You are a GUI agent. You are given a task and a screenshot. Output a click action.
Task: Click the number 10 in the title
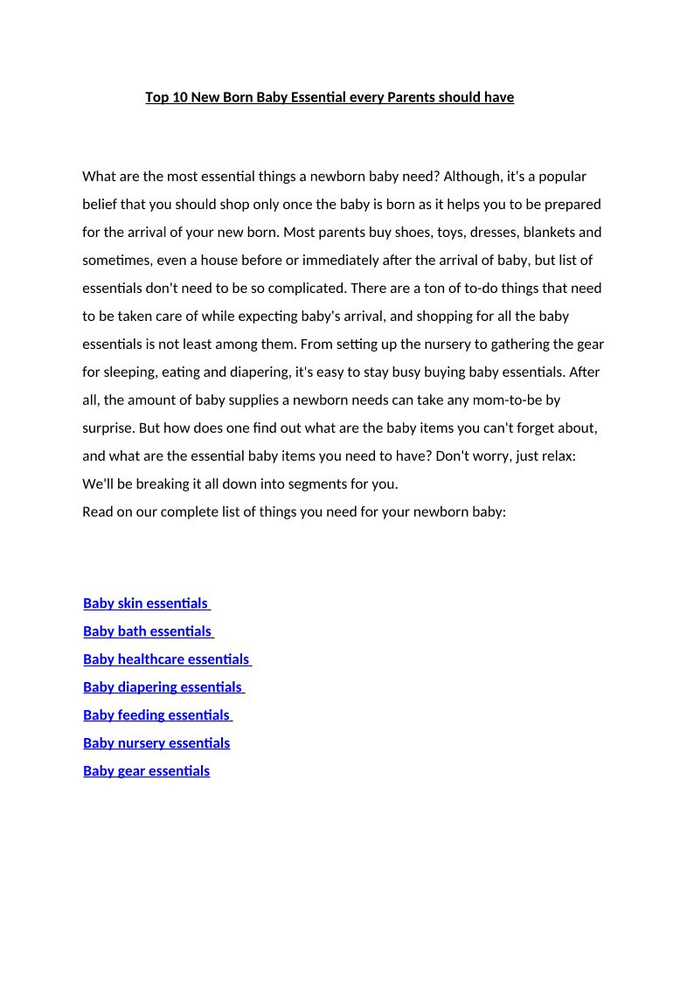pos(179,97)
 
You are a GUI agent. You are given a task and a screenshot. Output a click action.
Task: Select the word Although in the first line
pos(473,176)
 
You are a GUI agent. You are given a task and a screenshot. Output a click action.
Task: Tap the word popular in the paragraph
pos(562,176)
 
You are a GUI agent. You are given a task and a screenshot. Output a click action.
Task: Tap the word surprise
pos(108,428)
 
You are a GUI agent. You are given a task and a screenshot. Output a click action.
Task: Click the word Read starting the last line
pos(98,512)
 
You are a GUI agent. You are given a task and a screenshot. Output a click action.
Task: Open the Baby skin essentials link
pos(146,602)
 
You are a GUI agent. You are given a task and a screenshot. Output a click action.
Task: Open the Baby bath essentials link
pos(148,630)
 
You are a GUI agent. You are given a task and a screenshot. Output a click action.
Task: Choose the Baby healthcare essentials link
pos(166,658)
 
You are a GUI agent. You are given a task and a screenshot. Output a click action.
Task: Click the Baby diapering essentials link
pos(163,686)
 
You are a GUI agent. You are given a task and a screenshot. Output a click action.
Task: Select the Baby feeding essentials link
pos(156,714)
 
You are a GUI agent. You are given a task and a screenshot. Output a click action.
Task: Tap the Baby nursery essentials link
pos(156,742)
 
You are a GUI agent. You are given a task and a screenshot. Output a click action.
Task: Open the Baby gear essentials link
pos(146,770)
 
